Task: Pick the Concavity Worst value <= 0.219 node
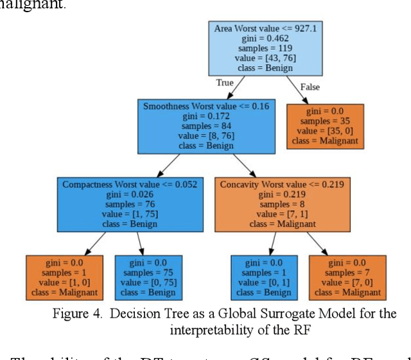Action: (x=283, y=204)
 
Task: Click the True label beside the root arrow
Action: (x=224, y=83)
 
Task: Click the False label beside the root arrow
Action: (x=309, y=87)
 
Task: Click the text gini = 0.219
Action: (x=283, y=194)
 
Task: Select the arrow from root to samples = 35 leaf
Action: (x=293, y=88)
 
